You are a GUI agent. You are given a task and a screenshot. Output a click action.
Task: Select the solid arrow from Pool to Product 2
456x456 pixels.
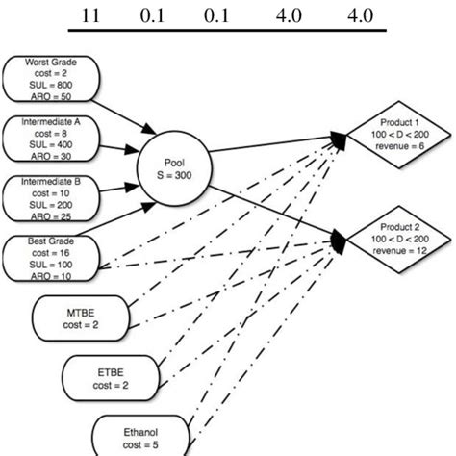274,213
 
